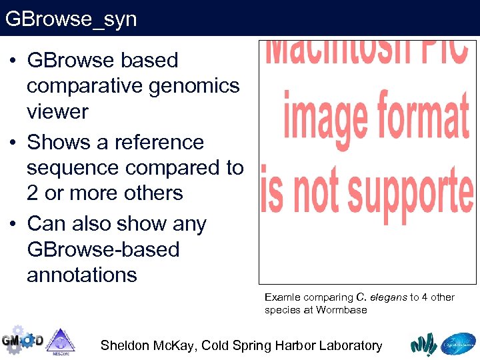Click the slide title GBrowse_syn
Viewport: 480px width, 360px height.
point(71,19)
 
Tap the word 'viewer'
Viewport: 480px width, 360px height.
point(57,111)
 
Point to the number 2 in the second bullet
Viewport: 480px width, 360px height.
point(33,193)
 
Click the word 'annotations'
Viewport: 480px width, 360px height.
point(82,275)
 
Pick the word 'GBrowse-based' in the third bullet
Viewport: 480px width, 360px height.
point(103,249)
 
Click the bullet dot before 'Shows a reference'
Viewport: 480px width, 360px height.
point(13,143)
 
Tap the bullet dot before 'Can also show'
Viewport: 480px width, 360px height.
point(13,224)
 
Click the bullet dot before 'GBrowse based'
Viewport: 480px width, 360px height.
point(13,61)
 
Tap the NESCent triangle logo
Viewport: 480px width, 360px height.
point(61,341)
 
